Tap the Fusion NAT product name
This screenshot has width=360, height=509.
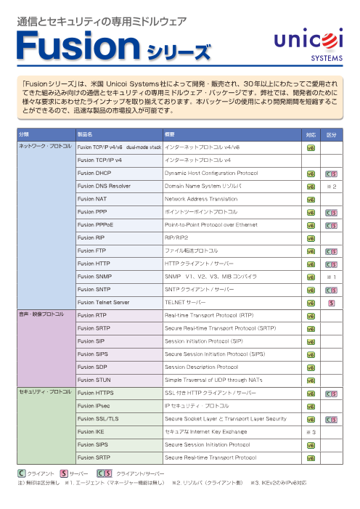[92, 199]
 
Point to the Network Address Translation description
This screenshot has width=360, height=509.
[201, 199]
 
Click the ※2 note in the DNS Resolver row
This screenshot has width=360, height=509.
[331, 186]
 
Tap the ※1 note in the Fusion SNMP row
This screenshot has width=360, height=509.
[331, 277]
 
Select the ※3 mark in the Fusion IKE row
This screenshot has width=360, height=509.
[311, 432]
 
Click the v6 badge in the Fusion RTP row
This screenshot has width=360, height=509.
[311, 316]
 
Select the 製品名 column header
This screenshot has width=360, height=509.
[85, 134]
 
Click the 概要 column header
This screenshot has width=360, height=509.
[172, 134]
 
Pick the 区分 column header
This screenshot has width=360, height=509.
[331, 134]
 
